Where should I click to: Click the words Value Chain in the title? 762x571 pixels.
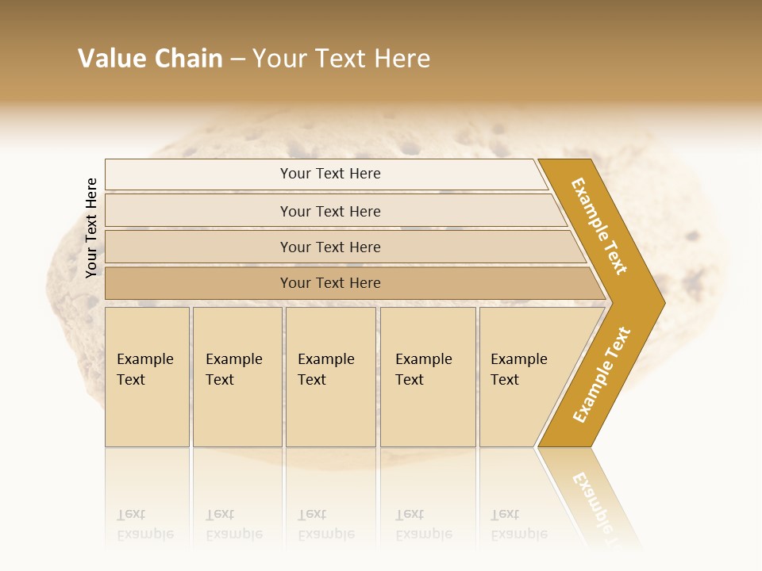pyautogui.click(x=150, y=59)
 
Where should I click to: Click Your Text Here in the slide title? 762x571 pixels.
pyautogui.click(x=341, y=59)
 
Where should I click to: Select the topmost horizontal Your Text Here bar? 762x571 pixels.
pyautogui.click(x=330, y=174)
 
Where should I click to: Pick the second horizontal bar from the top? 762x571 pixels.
pyautogui.click(x=330, y=211)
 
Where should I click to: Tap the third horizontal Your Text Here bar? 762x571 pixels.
pyautogui.click(x=330, y=247)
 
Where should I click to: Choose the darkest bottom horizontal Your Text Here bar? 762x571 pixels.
pyautogui.click(x=330, y=283)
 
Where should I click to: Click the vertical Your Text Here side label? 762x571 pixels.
pyautogui.click(x=91, y=228)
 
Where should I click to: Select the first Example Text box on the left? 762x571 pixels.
pyautogui.click(x=147, y=376)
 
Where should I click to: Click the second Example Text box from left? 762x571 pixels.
pyautogui.click(x=237, y=376)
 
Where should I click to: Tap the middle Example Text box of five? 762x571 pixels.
pyautogui.click(x=329, y=376)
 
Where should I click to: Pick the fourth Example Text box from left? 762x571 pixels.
pyautogui.click(x=427, y=376)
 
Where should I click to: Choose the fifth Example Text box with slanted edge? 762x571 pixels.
pyautogui.click(x=524, y=376)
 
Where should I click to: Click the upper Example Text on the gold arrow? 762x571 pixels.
pyautogui.click(x=599, y=226)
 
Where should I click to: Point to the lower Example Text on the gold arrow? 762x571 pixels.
pyautogui.click(x=602, y=374)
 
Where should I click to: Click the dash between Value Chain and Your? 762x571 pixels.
pyautogui.click(x=237, y=59)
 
